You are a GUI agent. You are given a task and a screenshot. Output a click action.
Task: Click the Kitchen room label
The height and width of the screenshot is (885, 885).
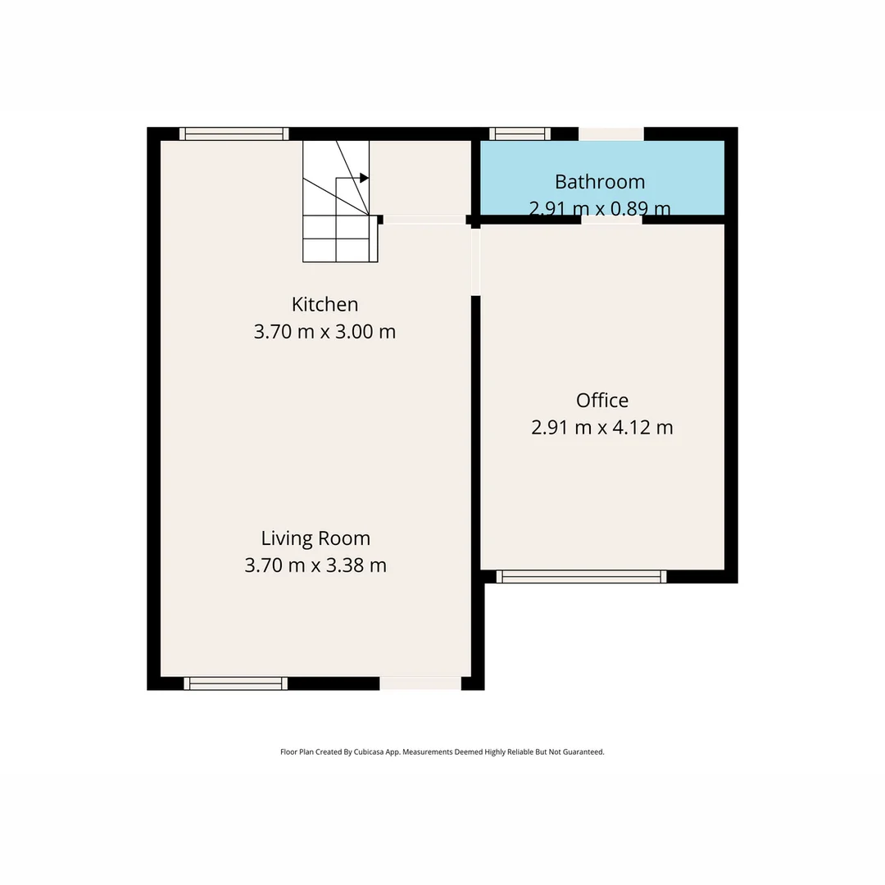point(324,304)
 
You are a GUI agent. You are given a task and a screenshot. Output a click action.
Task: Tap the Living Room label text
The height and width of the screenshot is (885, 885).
point(315,538)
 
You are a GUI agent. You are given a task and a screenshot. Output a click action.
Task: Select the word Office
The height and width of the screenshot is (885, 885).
point(602,400)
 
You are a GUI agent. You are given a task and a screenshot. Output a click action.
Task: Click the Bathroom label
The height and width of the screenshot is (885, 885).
point(600,181)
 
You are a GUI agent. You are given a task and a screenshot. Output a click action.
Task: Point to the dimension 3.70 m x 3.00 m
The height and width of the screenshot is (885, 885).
point(324,332)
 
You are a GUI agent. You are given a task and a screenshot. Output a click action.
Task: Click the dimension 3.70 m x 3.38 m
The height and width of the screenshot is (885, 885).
point(315,565)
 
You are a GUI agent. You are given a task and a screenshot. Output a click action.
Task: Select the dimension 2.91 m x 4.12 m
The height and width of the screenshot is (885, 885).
point(602,428)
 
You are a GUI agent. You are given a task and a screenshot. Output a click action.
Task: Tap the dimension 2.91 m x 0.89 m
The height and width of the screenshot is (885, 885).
point(600,209)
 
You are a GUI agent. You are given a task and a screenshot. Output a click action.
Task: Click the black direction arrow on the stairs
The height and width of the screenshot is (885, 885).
point(364,178)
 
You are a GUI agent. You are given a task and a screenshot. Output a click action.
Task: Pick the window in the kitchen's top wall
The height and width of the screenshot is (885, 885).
point(234,134)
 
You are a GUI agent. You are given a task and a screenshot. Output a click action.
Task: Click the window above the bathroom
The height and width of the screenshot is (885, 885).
point(520,134)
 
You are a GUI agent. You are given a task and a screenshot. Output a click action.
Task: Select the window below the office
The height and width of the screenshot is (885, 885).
point(582,577)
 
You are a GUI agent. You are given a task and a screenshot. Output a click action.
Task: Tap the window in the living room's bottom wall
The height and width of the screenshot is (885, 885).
point(235,683)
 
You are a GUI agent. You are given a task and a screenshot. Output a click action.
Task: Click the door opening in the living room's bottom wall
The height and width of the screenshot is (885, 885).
point(420,683)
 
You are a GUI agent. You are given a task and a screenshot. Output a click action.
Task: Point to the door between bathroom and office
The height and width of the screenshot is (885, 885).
point(611,220)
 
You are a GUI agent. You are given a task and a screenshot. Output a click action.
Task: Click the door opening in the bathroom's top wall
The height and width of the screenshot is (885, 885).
point(611,134)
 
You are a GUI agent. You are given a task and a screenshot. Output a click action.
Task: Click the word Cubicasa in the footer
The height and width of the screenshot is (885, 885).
point(371,751)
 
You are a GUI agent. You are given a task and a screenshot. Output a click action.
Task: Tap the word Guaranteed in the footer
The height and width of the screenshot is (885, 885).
point(580,751)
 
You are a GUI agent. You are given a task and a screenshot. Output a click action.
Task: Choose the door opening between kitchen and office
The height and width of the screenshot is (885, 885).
point(475,261)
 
